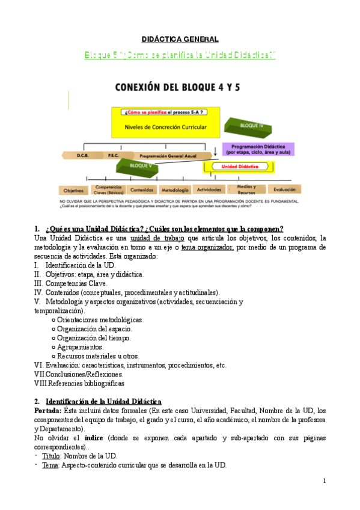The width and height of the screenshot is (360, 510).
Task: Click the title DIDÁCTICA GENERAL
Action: (x=180, y=40)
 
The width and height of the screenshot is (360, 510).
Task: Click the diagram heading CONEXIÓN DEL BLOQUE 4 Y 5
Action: (x=179, y=87)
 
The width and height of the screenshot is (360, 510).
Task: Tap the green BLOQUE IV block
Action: (x=247, y=126)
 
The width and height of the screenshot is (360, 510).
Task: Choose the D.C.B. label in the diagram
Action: (x=83, y=155)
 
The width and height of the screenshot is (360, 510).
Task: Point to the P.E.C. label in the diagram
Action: (x=113, y=155)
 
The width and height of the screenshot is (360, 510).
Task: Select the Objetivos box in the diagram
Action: (x=73, y=189)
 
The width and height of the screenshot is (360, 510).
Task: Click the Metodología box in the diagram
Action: (x=175, y=189)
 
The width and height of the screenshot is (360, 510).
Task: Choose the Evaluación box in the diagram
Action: (x=284, y=189)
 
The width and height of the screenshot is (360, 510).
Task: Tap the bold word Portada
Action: (x=47, y=410)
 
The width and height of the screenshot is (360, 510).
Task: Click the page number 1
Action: (x=324, y=481)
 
